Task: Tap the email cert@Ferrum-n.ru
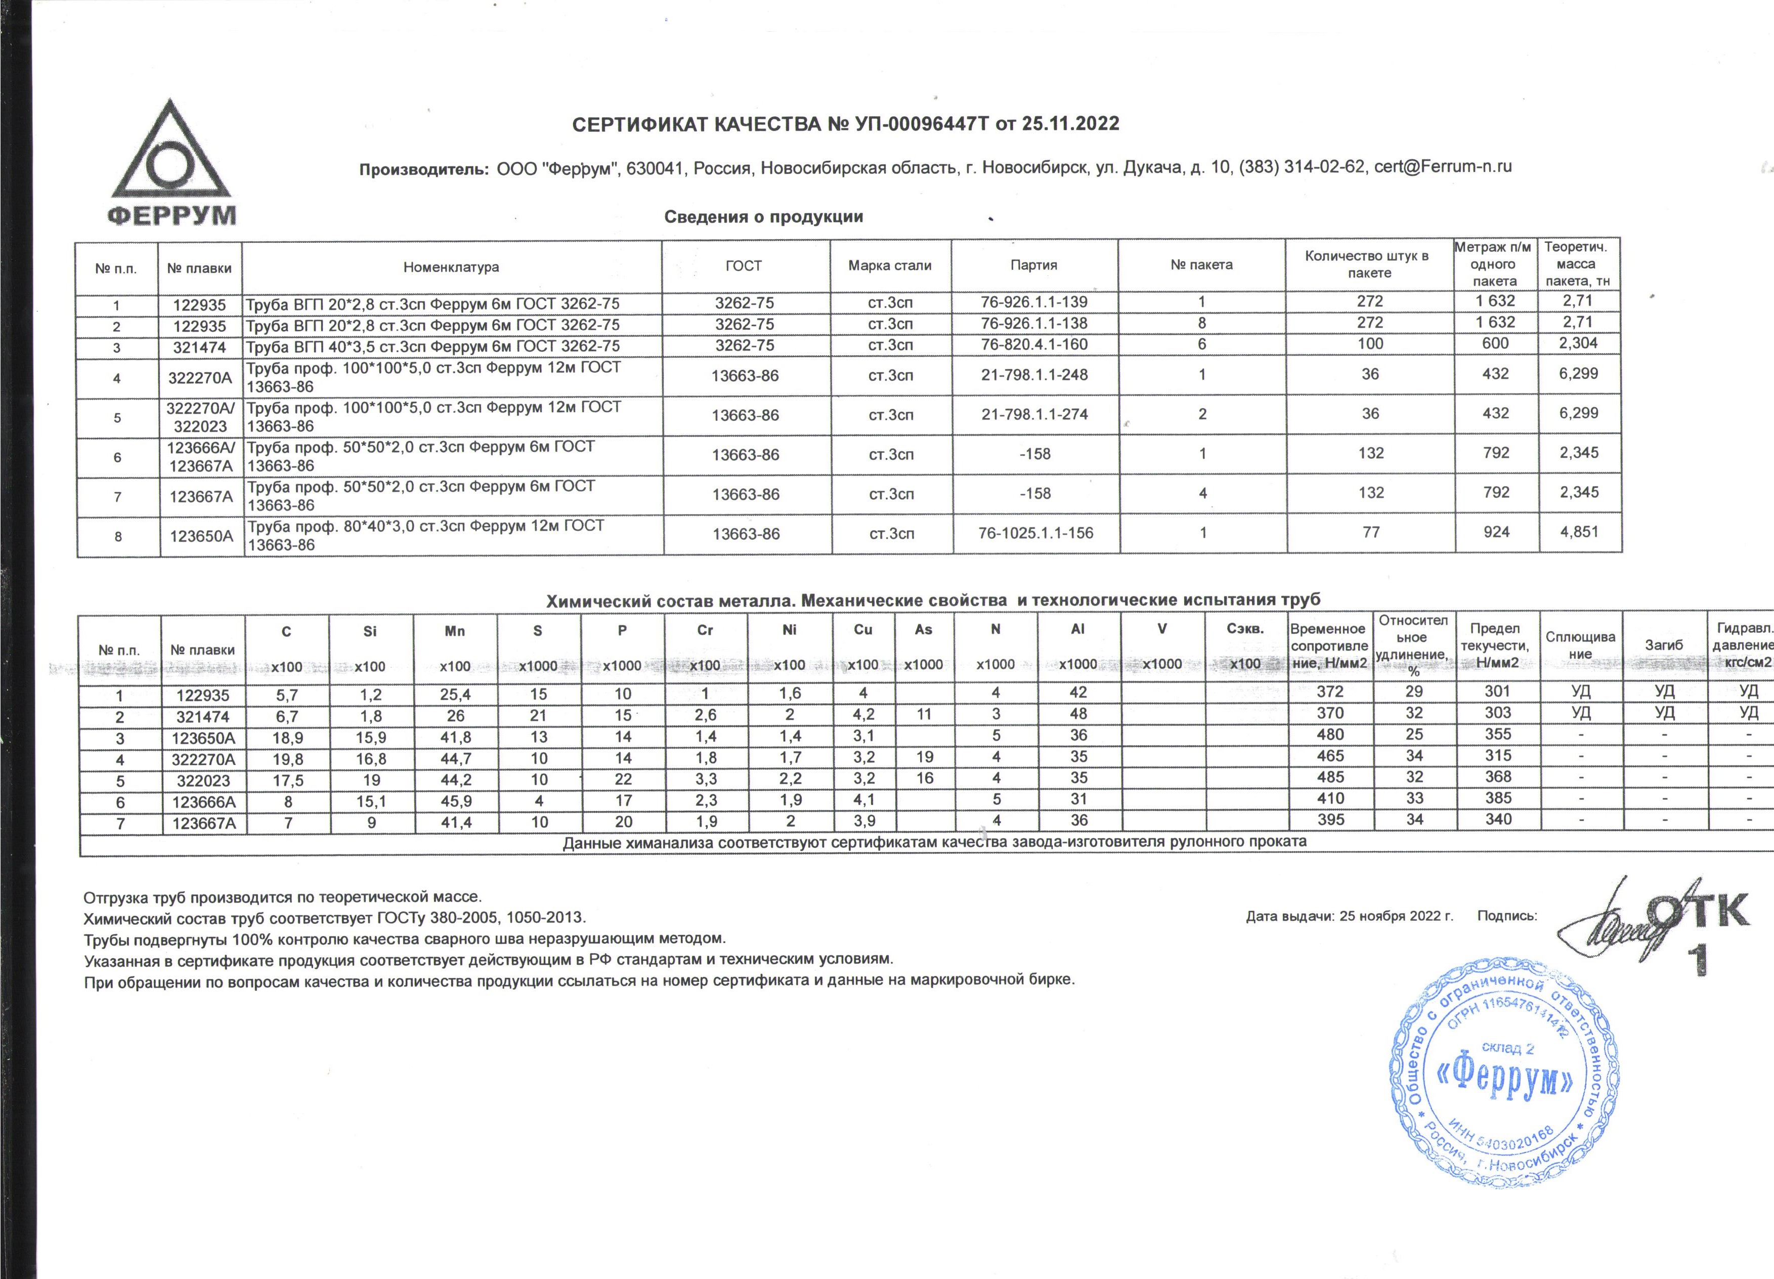pos(1442,166)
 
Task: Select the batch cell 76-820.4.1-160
pos(1034,344)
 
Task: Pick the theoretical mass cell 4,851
pos(1578,532)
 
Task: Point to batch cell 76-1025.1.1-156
pos(1035,533)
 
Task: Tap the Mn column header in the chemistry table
pos(454,630)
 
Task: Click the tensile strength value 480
pos(1330,735)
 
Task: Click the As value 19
pos(924,756)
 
